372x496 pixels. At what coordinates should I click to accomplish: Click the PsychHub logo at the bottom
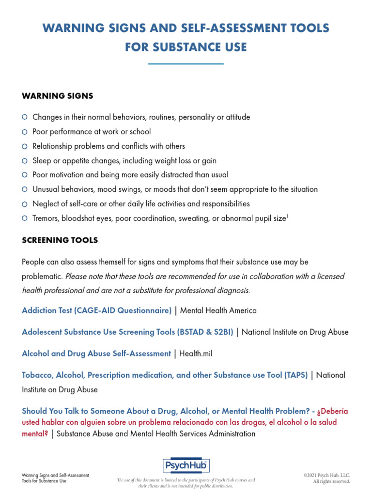tap(186, 465)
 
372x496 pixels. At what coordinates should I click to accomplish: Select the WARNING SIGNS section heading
tap(58, 96)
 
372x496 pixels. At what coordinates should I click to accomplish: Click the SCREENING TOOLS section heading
tap(60, 240)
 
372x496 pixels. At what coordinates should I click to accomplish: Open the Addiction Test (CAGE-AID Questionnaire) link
tap(97, 310)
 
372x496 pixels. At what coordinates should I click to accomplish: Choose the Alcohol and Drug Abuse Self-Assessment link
tap(96, 354)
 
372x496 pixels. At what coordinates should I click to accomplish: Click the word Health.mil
tap(196, 354)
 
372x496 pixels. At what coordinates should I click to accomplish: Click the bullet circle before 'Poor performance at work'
tap(25, 132)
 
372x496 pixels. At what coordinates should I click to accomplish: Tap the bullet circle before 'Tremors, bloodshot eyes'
tap(25, 218)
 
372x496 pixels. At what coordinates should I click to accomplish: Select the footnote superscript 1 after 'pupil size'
tap(288, 217)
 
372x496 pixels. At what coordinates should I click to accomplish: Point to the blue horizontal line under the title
tap(186, 63)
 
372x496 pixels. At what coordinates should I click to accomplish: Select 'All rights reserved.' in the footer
tap(331, 481)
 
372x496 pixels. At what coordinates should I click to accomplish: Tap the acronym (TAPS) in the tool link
tap(295, 375)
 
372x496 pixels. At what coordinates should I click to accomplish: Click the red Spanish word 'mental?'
tap(35, 434)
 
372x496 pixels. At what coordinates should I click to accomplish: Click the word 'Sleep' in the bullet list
tap(42, 161)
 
